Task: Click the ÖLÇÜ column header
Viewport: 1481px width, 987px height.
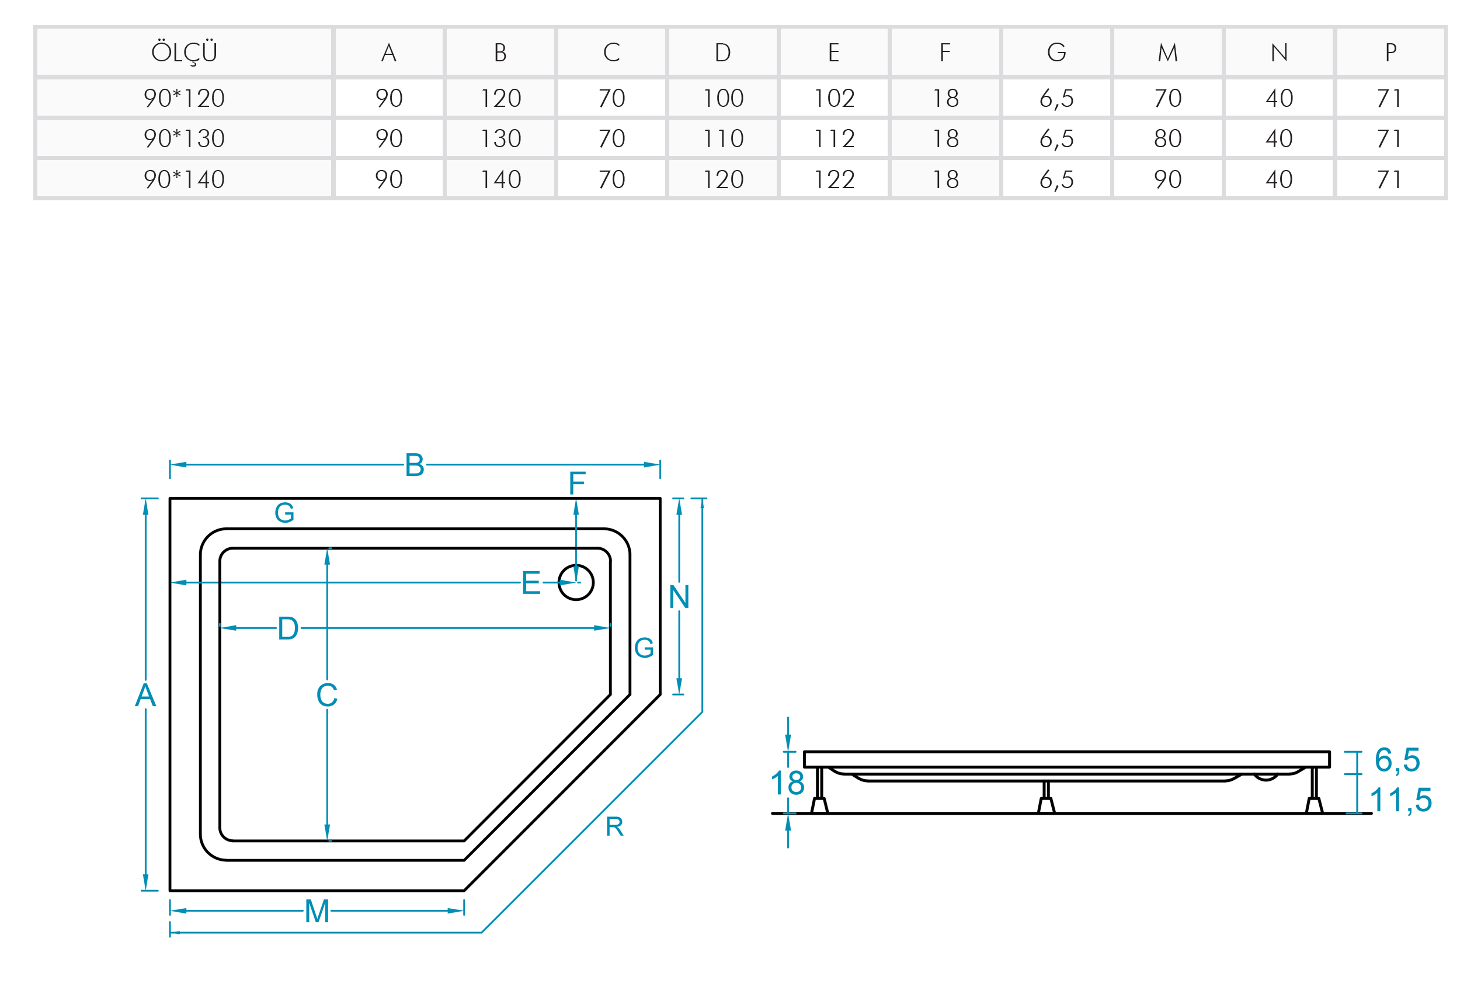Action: [184, 52]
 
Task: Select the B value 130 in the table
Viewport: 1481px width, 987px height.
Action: [500, 138]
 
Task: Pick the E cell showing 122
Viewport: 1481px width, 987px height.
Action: [834, 179]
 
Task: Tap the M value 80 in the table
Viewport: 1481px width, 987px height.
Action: [1167, 138]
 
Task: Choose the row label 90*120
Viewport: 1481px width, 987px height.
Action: [184, 98]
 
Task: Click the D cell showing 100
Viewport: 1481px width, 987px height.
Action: [723, 98]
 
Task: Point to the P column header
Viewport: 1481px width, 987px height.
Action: [1390, 52]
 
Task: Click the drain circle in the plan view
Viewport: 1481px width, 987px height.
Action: [575, 582]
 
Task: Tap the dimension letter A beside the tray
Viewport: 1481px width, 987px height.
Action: [145, 696]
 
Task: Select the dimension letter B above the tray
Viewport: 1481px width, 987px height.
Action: [414, 465]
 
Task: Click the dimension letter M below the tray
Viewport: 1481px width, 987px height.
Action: [317, 911]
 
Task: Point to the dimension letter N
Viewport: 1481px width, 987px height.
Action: [679, 597]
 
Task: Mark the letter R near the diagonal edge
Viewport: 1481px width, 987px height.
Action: [614, 826]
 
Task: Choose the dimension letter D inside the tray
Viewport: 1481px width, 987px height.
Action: [288, 628]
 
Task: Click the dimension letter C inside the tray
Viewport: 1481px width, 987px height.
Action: [326, 695]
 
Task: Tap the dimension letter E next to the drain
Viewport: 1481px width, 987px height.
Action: [531, 583]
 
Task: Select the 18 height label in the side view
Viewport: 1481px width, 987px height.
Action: [787, 783]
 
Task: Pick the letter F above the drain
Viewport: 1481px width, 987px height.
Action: [577, 484]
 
